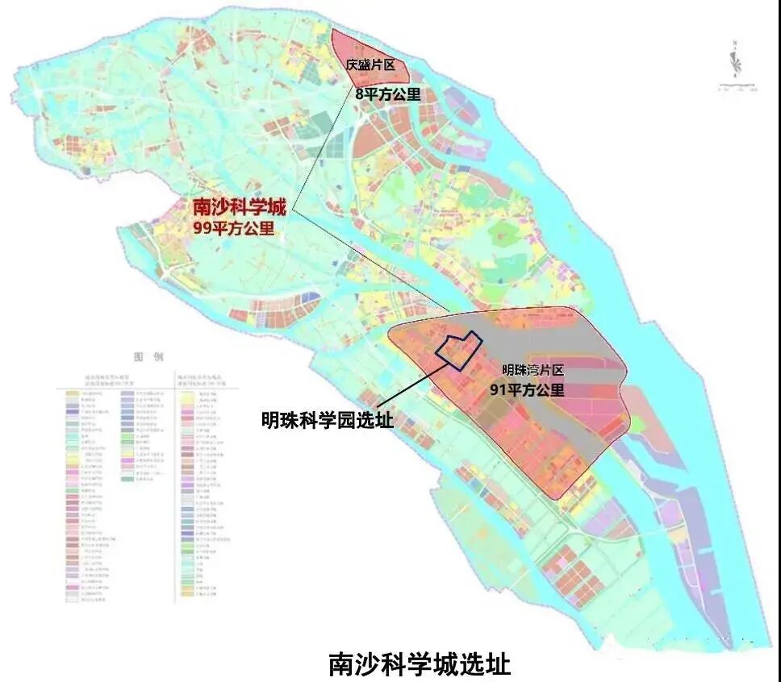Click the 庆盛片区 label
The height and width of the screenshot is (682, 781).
(370, 65)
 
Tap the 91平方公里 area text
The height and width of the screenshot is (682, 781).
(527, 390)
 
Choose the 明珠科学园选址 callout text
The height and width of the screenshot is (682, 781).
(326, 420)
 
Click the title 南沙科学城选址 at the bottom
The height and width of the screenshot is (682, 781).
(419, 663)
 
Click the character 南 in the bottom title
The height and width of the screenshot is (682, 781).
(340, 663)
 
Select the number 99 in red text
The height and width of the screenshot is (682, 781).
(202, 228)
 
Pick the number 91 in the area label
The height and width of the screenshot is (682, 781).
(499, 390)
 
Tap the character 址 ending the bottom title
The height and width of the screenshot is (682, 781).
(498, 663)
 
